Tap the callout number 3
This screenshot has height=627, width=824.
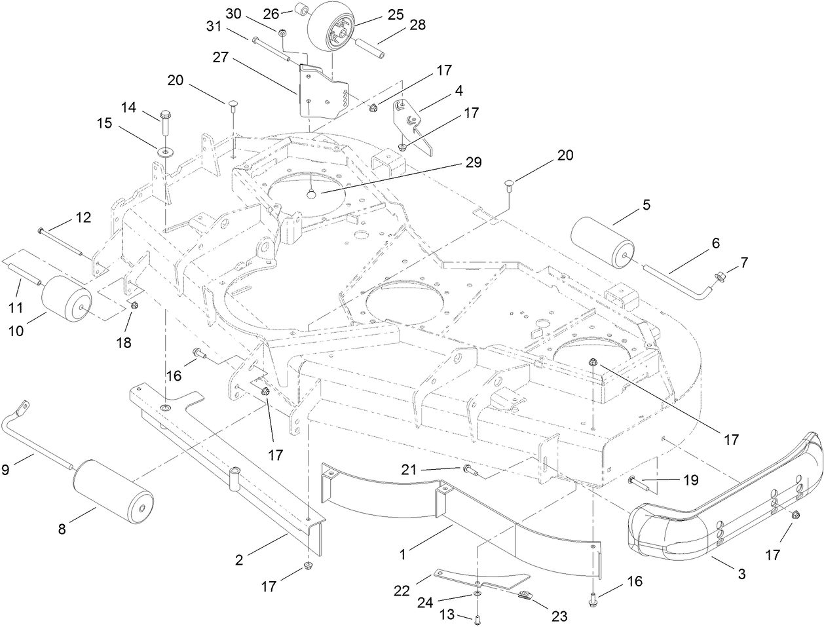tap(741, 575)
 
